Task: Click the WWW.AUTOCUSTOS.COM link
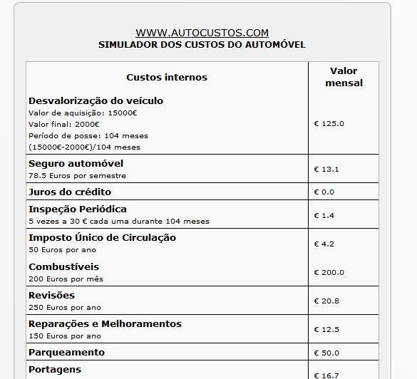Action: (202, 33)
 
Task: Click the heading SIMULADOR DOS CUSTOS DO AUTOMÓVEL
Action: (202, 44)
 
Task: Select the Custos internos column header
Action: (167, 77)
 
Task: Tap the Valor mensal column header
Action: (344, 77)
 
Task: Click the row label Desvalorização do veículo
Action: (96, 100)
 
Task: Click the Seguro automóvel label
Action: (76, 163)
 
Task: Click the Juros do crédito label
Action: (70, 192)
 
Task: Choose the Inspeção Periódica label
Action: (78, 209)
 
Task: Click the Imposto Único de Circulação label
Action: (102, 237)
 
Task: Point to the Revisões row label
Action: (51, 295)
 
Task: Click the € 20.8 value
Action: (326, 301)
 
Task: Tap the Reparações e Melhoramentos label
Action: (105, 323)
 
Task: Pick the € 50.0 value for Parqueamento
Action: (326, 353)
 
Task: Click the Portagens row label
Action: (55, 369)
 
